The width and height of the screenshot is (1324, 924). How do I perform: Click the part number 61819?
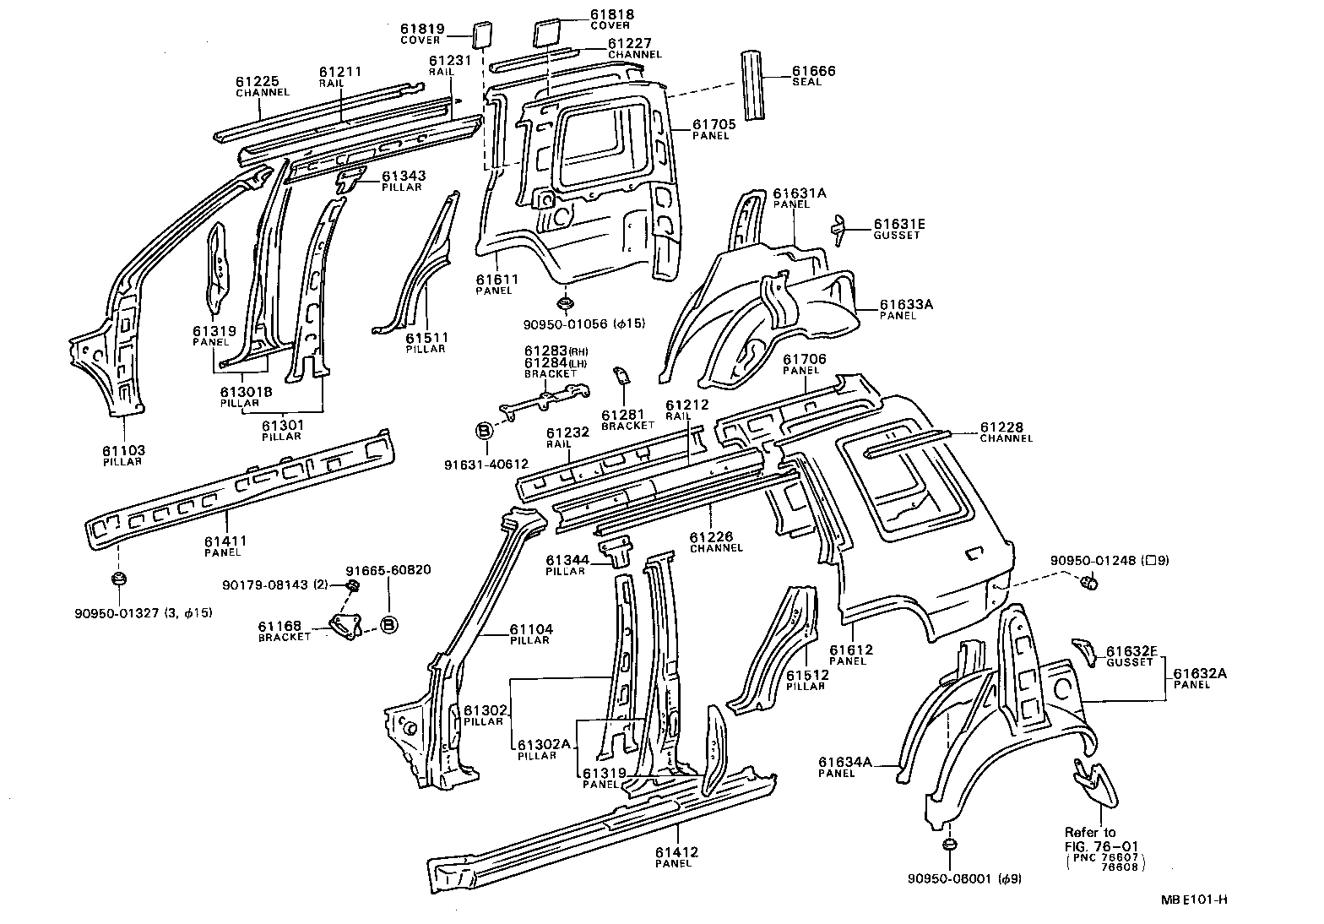[x=422, y=29]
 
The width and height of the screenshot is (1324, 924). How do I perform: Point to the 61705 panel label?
[x=714, y=124]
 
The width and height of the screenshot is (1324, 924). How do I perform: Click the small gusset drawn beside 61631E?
[x=838, y=229]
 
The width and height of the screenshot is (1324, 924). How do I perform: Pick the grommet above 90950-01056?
[x=564, y=302]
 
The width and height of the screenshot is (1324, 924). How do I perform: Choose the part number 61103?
[x=124, y=450]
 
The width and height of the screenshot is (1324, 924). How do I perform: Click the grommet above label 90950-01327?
[x=119, y=579]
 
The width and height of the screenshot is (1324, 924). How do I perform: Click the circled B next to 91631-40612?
[x=484, y=430]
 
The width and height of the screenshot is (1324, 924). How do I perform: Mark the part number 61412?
[x=676, y=852]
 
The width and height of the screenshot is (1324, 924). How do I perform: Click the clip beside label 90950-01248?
[x=1090, y=581]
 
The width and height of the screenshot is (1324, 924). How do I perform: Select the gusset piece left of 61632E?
[x=1083, y=650]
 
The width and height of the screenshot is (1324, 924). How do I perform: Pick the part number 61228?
[x=1001, y=427]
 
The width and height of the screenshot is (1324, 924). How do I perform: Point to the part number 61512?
[x=806, y=675]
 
